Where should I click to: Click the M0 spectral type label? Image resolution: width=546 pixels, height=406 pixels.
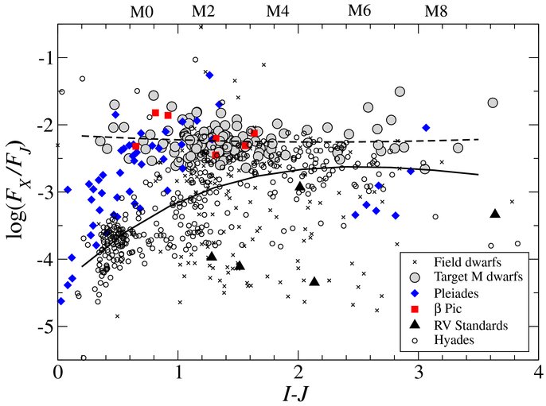(x=142, y=12)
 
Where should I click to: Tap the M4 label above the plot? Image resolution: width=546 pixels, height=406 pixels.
(x=278, y=11)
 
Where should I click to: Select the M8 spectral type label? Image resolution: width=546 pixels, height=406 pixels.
(x=435, y=11)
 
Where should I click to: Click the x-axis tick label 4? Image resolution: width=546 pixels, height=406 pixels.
(x=538, y=373)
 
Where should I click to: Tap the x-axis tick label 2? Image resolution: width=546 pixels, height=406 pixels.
(x=298, y=373)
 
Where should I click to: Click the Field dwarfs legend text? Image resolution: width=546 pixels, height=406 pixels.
(x=467, y=261)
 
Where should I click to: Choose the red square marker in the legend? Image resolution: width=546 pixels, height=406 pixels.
(x=415, y=308)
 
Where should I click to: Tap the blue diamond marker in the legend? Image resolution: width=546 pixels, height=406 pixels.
(x=415, y=293)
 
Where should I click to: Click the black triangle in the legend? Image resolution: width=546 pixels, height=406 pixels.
(x=415, y=325)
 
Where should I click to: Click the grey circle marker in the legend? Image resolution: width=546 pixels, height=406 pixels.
(x=415, y=277)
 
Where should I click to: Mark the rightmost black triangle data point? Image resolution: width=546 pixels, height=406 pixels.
(x=495, y=214)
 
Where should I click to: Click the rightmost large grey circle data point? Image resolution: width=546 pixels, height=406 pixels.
(x=493, y=103)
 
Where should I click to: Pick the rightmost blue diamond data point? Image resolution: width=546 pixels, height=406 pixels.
(x=426, y=128)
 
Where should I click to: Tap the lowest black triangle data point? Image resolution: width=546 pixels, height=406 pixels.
(x=314, y=281)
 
